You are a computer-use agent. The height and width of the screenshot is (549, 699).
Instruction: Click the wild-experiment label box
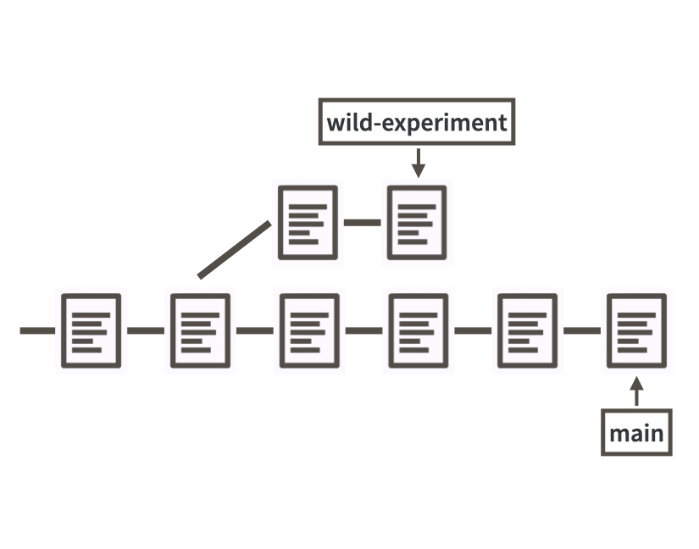(x=417, y=122)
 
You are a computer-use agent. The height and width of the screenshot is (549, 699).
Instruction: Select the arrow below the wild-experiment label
(x=418, y=162)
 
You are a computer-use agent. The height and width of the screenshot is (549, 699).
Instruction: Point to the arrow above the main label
(x=637, y=392)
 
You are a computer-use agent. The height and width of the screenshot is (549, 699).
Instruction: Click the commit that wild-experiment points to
(x=417, y=223)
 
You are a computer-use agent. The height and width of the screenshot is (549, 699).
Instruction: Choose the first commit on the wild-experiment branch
(x=308, y=223)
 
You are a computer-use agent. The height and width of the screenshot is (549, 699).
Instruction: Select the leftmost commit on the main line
(x=91, y=330)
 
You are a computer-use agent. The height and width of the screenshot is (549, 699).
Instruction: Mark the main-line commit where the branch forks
(x=200, y=330)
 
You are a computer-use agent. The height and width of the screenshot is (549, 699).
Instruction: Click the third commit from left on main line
(x=309, y=330)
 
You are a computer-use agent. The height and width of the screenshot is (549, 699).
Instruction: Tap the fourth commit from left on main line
(x=418, y=330)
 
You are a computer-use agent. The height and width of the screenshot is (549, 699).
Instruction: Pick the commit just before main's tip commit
(x=527, y=330)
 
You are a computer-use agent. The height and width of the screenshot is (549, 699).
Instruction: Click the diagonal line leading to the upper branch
(x=235, y=250)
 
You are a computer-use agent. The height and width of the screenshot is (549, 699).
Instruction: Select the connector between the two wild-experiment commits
(x=363, y=223)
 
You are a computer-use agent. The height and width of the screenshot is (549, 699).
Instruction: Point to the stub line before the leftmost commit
(x=37, y=330)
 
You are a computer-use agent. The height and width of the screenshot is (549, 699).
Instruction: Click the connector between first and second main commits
(x=146, y=330)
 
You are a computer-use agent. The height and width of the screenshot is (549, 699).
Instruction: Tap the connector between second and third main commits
(x=255, y=330)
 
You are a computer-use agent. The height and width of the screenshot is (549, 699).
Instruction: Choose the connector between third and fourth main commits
(x=363, y=330)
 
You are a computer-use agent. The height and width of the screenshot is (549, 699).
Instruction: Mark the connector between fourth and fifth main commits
(x=473, y=330)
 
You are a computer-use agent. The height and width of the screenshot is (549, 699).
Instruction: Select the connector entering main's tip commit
(x=582, y=330)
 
